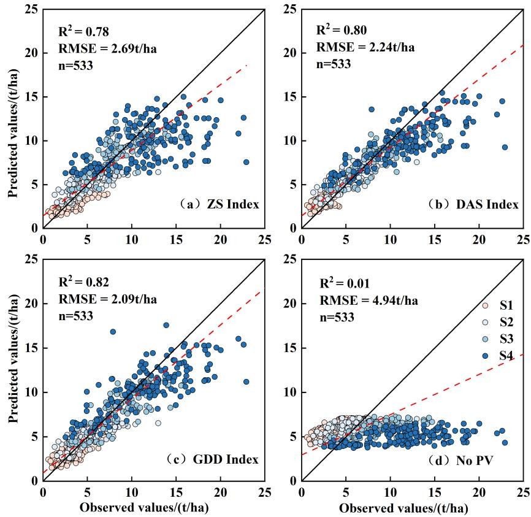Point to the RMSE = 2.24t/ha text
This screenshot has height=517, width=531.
356,47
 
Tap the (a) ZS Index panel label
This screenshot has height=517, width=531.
223,205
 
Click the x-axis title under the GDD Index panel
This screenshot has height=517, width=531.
154,508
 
